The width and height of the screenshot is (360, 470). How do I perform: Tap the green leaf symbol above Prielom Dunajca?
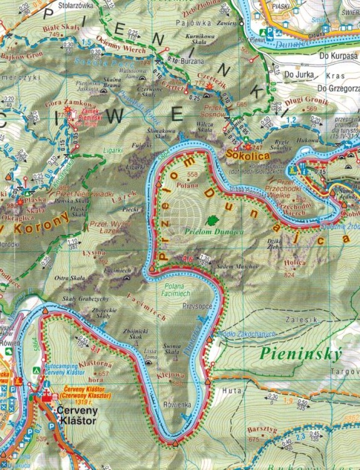pos(213,221)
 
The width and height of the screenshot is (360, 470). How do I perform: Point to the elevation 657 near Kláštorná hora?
pos(104,373)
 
